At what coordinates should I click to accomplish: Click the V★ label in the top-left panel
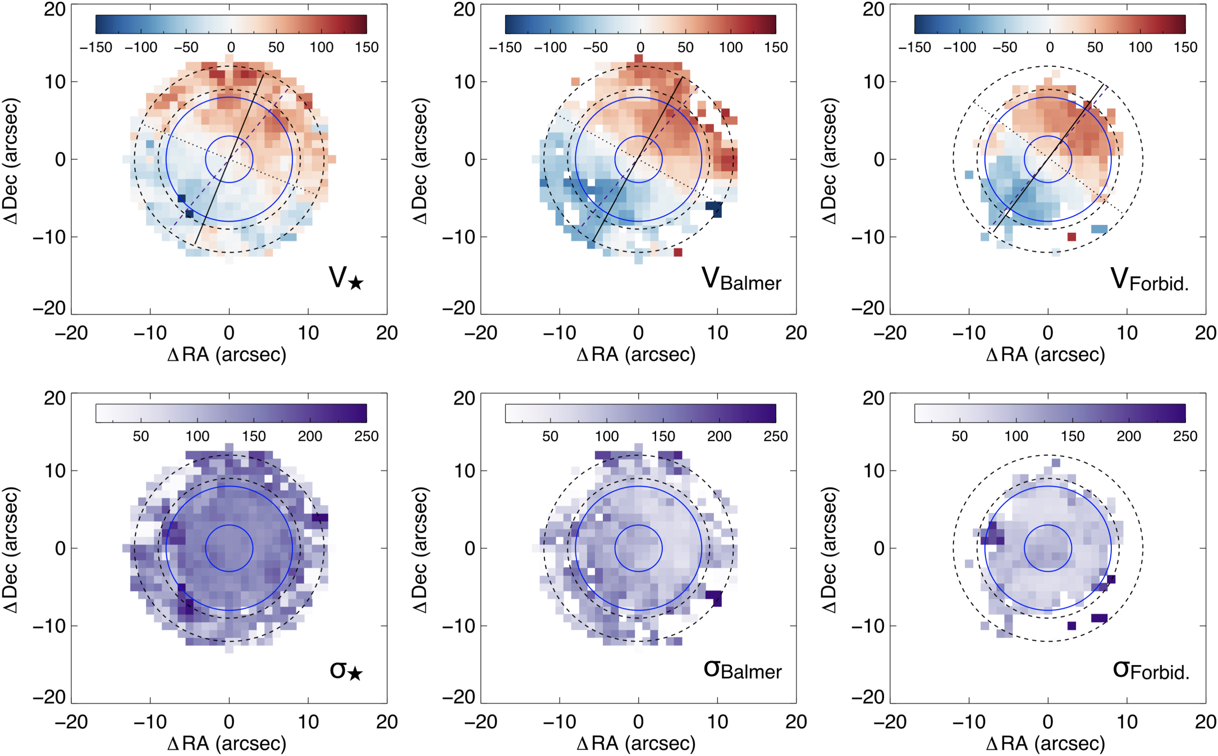(x=346, y=278)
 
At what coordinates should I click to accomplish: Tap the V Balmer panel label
(x=741, y=278)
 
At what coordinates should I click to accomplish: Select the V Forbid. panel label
(x=1149, y=279)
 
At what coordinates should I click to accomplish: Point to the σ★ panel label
(x=346, y=670)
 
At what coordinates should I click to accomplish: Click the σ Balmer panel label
(x=742, y=669)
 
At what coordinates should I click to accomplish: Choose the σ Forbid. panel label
(x=1151, y=670)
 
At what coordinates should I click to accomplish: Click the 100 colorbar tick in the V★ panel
(x=322, y=47)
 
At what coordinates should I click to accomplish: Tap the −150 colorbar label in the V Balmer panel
(x=505, y=47)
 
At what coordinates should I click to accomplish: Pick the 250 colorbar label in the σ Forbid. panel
(x=1185, y=436)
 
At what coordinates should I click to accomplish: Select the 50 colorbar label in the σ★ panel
(x=141, y=436)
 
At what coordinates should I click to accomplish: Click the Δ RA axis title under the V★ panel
(x=227, y=355)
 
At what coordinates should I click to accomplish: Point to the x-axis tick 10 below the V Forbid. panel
(x=1127, y=333)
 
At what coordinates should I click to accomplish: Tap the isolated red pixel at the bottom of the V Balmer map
(x=678, y=253)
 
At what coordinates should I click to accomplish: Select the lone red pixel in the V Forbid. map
(x=1072, y=237)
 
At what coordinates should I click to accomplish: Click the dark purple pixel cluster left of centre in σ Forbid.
(x=992, y=533)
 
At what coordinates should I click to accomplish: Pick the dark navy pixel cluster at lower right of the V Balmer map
(x=714, y=208)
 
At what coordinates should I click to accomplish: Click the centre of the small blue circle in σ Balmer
(x=638, y=548)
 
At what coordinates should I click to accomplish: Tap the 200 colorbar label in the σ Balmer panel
(x=719, y=436)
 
